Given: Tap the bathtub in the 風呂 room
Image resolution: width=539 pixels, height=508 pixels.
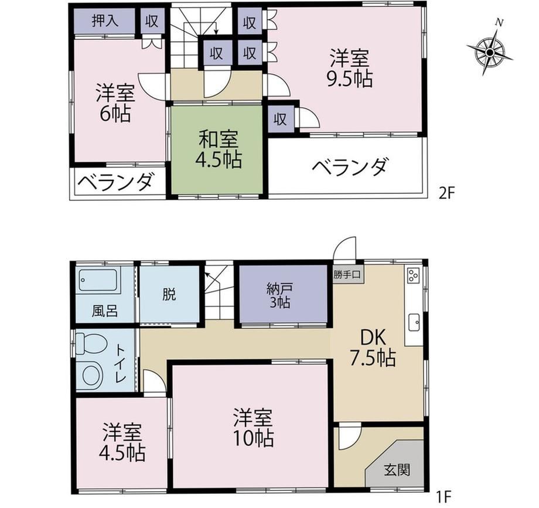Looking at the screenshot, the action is coord(98,281).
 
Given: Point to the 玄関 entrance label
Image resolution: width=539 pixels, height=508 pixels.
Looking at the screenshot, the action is coord(397,470).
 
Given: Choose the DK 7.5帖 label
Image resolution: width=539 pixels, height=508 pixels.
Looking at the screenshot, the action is coord(373,347).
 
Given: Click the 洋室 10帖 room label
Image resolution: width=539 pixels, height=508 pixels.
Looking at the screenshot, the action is coord(253,427).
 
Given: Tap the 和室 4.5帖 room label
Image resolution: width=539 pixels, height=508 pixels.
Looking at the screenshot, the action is coord(219,149).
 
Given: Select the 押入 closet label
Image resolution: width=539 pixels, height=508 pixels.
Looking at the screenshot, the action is coord(105,21).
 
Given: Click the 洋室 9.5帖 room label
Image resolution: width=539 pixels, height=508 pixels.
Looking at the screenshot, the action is coord(350,68).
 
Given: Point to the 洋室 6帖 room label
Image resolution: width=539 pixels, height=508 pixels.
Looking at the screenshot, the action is coord(115,103).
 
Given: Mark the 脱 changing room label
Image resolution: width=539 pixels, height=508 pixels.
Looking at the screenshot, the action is coord(169,294).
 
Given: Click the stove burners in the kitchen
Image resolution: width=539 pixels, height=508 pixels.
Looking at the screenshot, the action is coord(412,274).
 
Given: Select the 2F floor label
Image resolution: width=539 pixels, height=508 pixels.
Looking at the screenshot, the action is coord(446,194).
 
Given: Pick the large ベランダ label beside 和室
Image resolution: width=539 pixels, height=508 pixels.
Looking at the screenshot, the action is coord(350,167).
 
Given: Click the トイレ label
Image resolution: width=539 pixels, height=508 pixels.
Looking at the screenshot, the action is coord(121,363).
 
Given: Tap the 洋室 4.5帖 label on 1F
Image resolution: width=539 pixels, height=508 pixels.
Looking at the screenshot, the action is coord(122,442).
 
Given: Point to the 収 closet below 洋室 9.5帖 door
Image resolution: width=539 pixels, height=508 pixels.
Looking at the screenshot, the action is coord(280,120).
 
